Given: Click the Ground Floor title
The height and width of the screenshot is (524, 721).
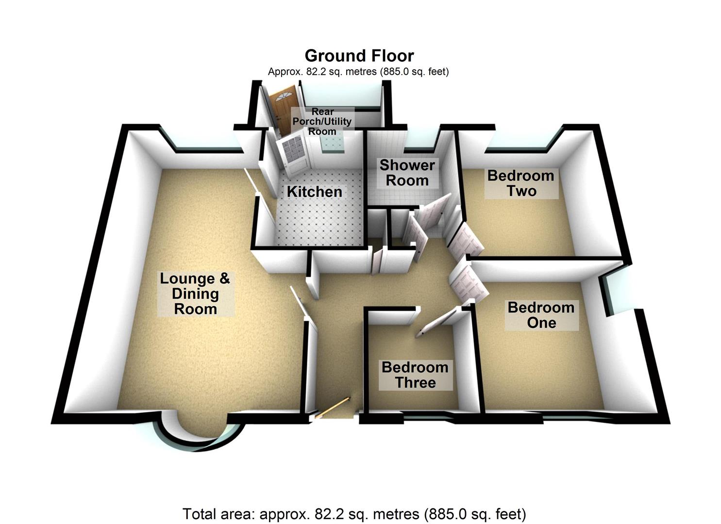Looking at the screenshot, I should coord(359,56).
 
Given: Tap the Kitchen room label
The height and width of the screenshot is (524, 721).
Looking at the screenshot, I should coord(315,192).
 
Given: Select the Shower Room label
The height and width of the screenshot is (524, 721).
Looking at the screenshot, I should coord(407,173).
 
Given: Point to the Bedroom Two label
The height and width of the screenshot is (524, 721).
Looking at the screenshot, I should coord(521,183).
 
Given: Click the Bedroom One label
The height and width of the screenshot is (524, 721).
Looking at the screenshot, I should coord(541,315).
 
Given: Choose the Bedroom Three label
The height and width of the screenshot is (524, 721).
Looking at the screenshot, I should coord(415,375).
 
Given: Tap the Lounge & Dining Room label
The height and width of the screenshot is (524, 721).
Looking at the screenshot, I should coord(195,294).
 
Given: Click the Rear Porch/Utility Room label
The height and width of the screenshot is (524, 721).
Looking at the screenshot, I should coord(322,121).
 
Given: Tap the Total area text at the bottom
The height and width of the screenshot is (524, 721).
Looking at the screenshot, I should coord(354,514).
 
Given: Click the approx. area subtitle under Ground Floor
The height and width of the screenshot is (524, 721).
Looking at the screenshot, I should coord(358,72).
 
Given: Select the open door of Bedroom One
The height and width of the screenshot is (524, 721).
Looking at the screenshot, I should coord(468,284).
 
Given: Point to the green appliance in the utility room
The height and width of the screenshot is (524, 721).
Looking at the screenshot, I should coord(332,141).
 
